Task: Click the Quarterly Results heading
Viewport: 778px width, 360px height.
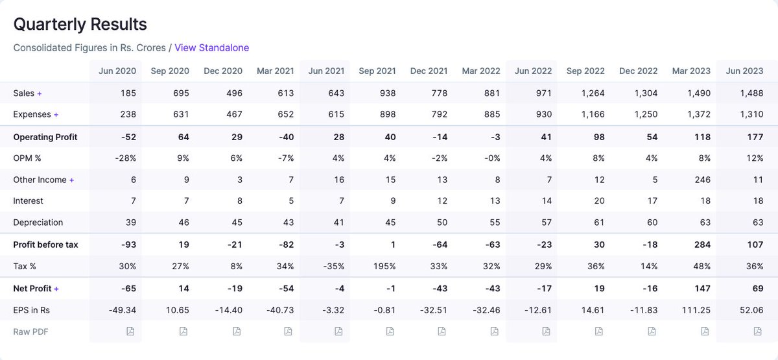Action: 80,25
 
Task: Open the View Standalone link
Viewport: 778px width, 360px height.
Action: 211,47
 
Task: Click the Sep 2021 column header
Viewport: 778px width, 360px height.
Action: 377,71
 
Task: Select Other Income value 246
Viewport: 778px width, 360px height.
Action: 701,180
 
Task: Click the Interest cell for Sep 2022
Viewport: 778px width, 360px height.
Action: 599,201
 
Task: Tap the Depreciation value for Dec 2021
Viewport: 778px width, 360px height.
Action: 442,222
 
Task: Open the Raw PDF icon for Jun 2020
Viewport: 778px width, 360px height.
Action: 130,331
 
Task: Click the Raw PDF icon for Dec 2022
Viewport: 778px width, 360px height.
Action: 652,331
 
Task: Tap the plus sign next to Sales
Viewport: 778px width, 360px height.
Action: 40,93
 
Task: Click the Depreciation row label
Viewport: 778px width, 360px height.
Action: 38,222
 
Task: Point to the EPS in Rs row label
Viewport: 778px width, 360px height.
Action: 32,310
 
